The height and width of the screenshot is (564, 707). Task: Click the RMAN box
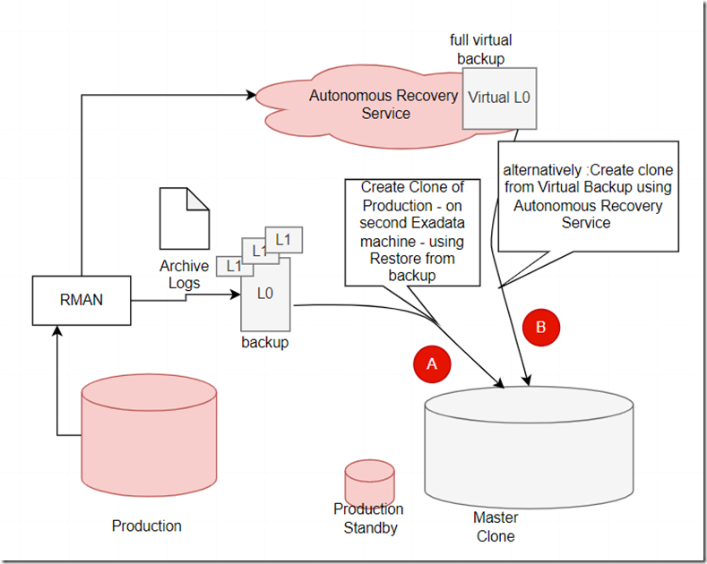point(81,300)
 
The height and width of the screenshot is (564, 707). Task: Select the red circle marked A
point(431,363)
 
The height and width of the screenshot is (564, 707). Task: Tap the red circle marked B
point(540,328)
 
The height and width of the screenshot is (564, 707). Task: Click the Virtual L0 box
point(499,98)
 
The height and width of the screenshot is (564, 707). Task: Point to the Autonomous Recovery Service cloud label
point(384,105)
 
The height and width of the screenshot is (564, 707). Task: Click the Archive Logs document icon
point(185,218)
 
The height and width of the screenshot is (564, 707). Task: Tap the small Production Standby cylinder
point(369,483)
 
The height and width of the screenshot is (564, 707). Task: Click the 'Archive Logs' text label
point(185,274)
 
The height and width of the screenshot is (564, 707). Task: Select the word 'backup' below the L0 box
point(264,342)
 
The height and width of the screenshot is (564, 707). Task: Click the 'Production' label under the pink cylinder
point(146,526)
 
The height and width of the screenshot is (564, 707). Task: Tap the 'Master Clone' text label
point(495,526)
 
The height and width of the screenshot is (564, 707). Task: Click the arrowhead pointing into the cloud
point(251,93)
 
